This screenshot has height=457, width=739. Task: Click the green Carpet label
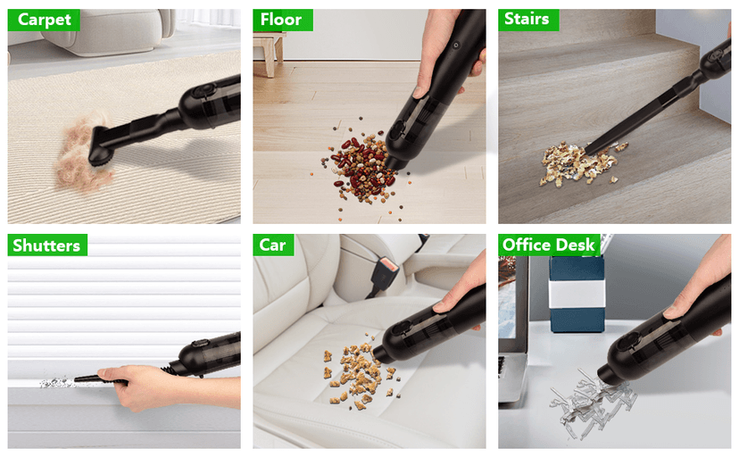44,20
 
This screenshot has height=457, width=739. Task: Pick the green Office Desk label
548,245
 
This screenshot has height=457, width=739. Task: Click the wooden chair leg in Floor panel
267,55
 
